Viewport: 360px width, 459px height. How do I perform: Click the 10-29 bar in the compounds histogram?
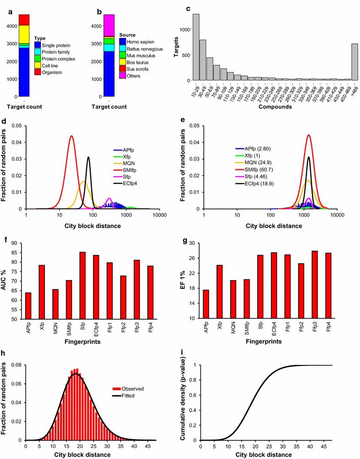(x=196, y=47)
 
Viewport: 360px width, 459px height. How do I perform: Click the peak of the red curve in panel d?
(x=72, y=136)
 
